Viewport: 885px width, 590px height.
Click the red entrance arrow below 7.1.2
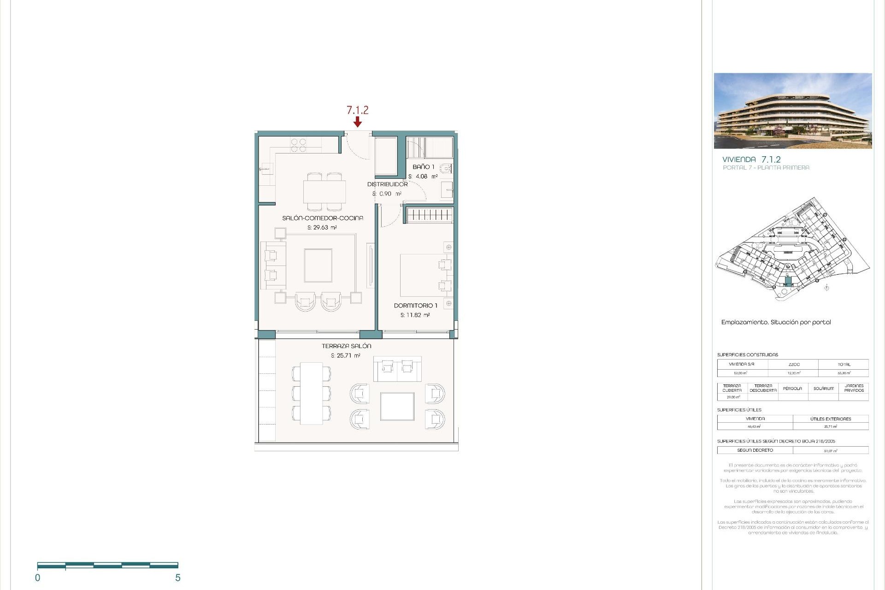coord(357,122)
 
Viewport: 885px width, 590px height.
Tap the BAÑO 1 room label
coord(423,167)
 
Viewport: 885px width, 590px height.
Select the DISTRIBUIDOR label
coord(387,184)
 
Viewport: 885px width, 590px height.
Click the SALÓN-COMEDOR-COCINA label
coord(323,218)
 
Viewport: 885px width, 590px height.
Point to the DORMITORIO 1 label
coord(415,306)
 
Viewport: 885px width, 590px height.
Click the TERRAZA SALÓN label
coord(346,346)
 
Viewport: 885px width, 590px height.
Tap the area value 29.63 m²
coord(322,228)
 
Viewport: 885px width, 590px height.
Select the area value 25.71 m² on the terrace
coord(345,355)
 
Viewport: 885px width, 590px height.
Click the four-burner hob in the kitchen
coord(298,145)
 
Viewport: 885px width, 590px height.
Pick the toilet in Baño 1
coord(446,169)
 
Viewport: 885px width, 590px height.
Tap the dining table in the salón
coord(324,192)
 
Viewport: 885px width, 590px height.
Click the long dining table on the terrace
coord(311,393)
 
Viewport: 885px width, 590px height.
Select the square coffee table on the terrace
coord(397,406)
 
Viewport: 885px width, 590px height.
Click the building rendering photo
coord(792,111)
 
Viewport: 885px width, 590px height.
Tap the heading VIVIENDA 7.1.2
coord(751,159)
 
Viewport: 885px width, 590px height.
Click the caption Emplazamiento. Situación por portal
coord(776,322)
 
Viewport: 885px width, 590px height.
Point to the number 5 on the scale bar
coord(177,578)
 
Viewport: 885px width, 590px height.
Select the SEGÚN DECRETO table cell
coord(755,450)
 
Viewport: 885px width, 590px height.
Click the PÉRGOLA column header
coord(792,389)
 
